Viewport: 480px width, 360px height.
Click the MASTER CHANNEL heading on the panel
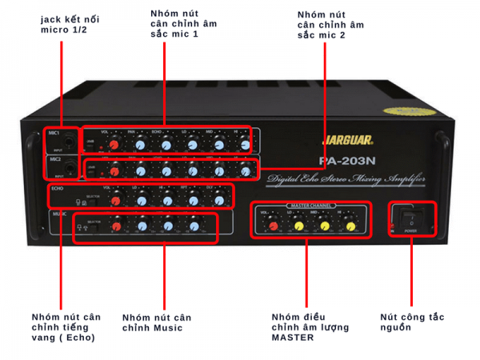coord(309,208)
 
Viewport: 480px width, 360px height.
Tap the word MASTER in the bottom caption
coord(290,338)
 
